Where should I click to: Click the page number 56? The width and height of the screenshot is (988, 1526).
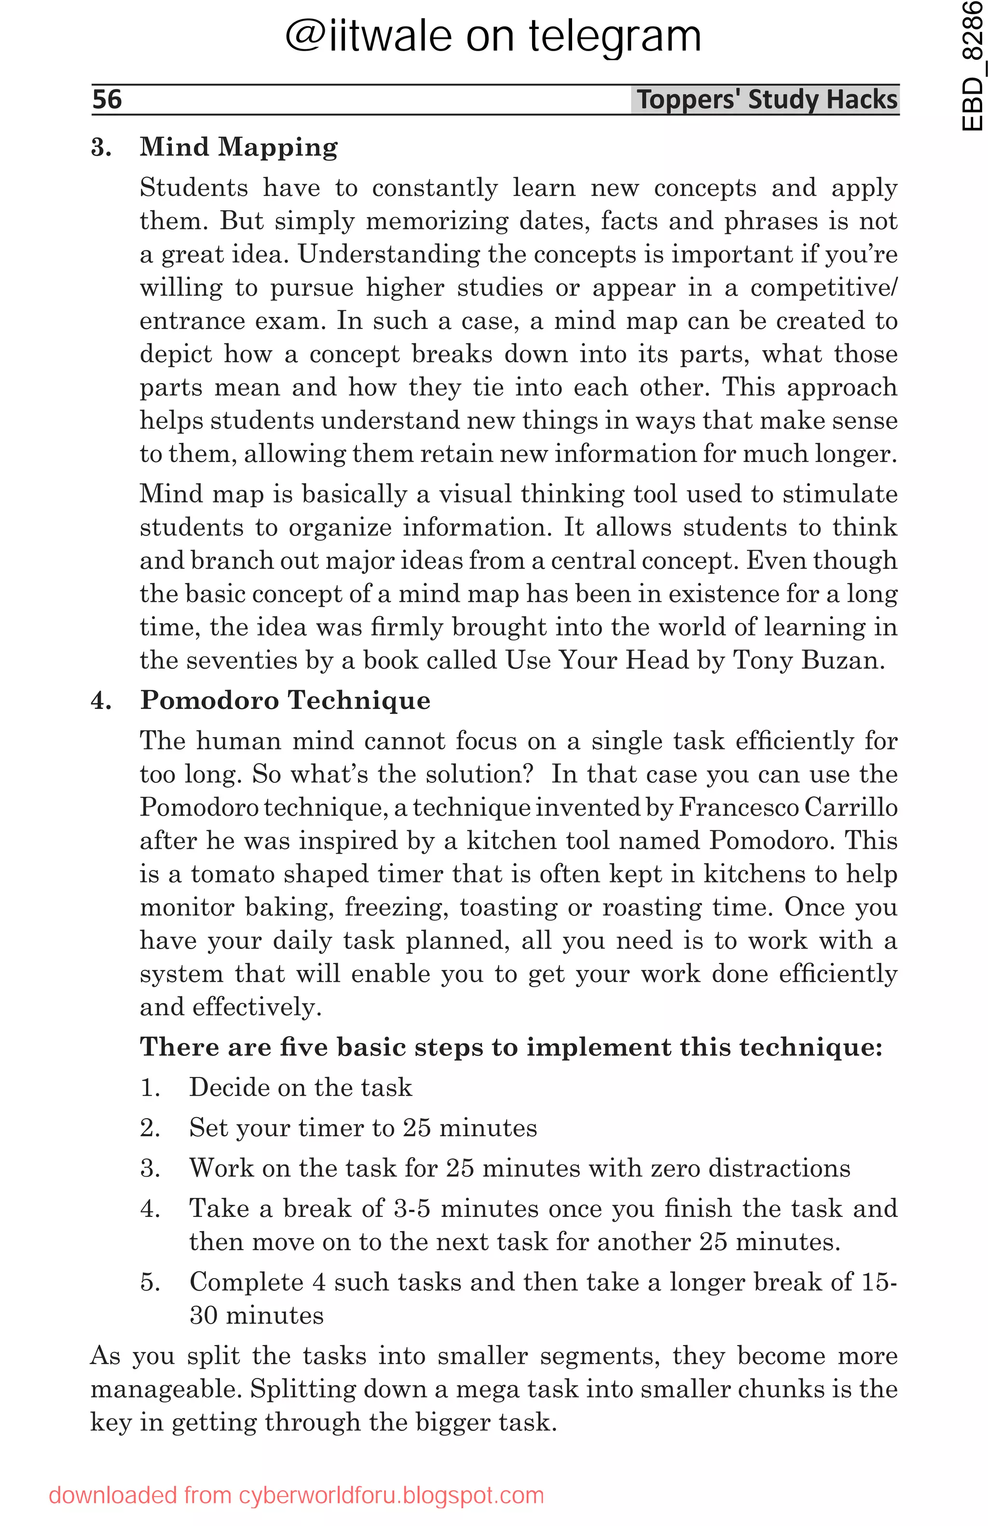107,99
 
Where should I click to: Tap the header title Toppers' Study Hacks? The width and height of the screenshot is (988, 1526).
766,100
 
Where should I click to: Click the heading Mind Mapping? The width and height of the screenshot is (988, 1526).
238,147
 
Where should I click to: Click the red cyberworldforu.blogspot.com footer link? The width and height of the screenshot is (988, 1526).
296,1495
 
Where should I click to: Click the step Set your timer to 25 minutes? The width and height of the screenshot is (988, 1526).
363,1128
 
